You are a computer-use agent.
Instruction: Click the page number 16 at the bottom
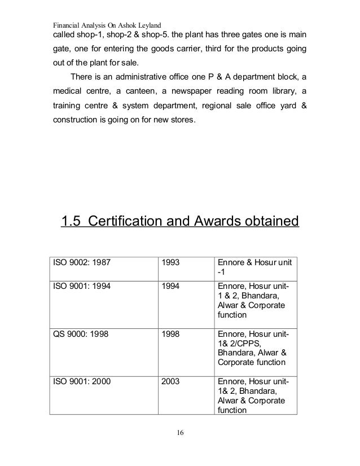(x=180, y=433)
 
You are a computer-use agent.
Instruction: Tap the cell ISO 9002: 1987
(x=78, y=262)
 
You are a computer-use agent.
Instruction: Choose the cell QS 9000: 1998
(x=78, y=335)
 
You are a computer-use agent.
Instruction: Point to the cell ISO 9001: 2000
(x=78, y=382)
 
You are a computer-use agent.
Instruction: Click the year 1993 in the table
(x=171, y=262)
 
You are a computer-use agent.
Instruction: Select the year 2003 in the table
(x=171, y=382)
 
